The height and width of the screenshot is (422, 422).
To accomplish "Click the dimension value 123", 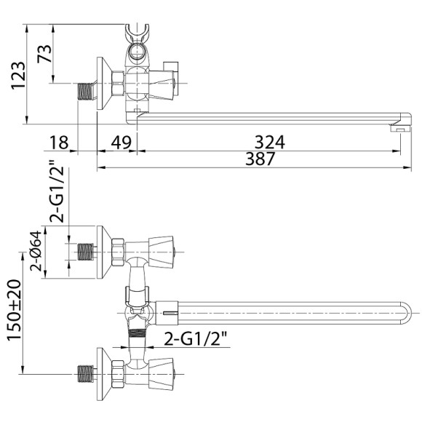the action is coord(18,76).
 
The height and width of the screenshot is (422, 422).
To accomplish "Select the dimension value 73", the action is coord(44,54).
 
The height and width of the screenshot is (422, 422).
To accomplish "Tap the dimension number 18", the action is coord(59,143).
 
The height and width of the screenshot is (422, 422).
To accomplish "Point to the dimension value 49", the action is coord(121,143).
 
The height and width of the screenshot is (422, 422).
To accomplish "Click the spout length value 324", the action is coord(269,142).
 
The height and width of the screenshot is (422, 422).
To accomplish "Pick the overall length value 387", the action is coord(260,159).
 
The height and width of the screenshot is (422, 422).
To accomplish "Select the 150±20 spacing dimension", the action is coord(14,310).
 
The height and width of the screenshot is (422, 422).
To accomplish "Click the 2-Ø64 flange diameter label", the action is coord(36,250).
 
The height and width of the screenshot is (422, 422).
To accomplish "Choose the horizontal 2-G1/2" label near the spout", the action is coord(196,339).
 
